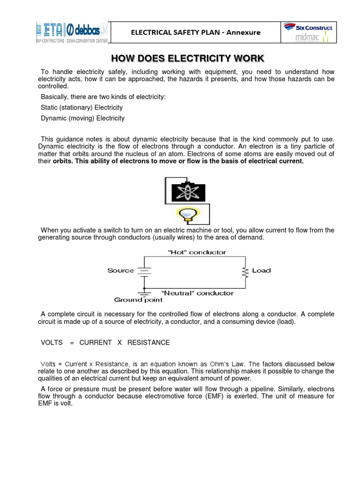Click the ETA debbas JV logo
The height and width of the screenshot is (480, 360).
71,30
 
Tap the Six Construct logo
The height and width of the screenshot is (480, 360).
307,28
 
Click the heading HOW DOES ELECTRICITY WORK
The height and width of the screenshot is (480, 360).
187,59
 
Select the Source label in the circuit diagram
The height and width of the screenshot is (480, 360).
120,270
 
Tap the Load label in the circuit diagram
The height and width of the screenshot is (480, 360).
261,270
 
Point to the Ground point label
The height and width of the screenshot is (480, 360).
138,300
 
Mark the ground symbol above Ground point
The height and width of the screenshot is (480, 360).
144,292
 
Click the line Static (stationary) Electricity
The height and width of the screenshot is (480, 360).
82,108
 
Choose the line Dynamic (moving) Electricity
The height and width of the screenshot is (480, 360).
82,118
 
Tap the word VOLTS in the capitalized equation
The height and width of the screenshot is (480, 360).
52,343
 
